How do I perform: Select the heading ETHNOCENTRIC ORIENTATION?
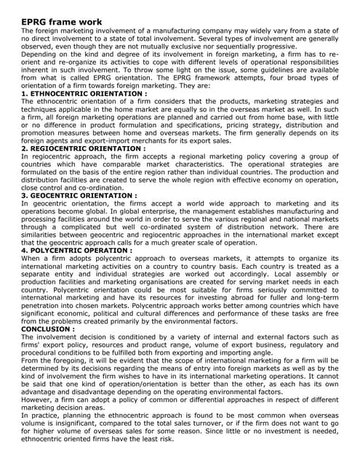pos(84,94)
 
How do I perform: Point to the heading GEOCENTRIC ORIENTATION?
pos(79,195)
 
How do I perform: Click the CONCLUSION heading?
pos(49,329)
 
